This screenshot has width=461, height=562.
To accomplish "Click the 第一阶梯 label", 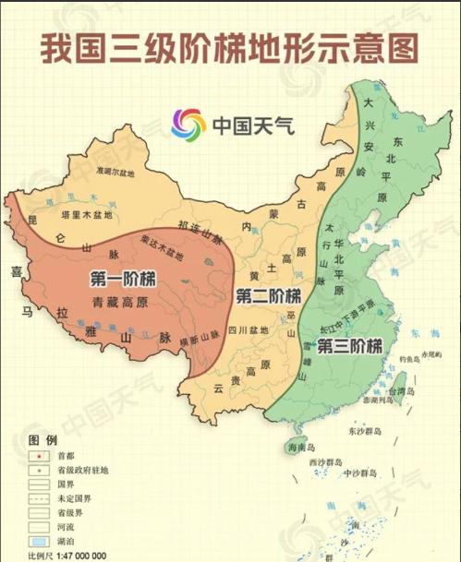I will coord(122,279).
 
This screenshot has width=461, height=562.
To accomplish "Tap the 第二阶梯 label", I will coord(269,296).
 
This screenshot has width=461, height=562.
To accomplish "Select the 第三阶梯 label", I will coord(349,347).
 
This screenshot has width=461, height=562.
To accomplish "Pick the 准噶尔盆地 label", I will coord(120,171).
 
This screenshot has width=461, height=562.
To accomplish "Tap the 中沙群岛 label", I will coord(363,474).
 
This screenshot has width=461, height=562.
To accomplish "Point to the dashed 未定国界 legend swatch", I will coord(39,497).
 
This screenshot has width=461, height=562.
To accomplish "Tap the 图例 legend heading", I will coord(42,438).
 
